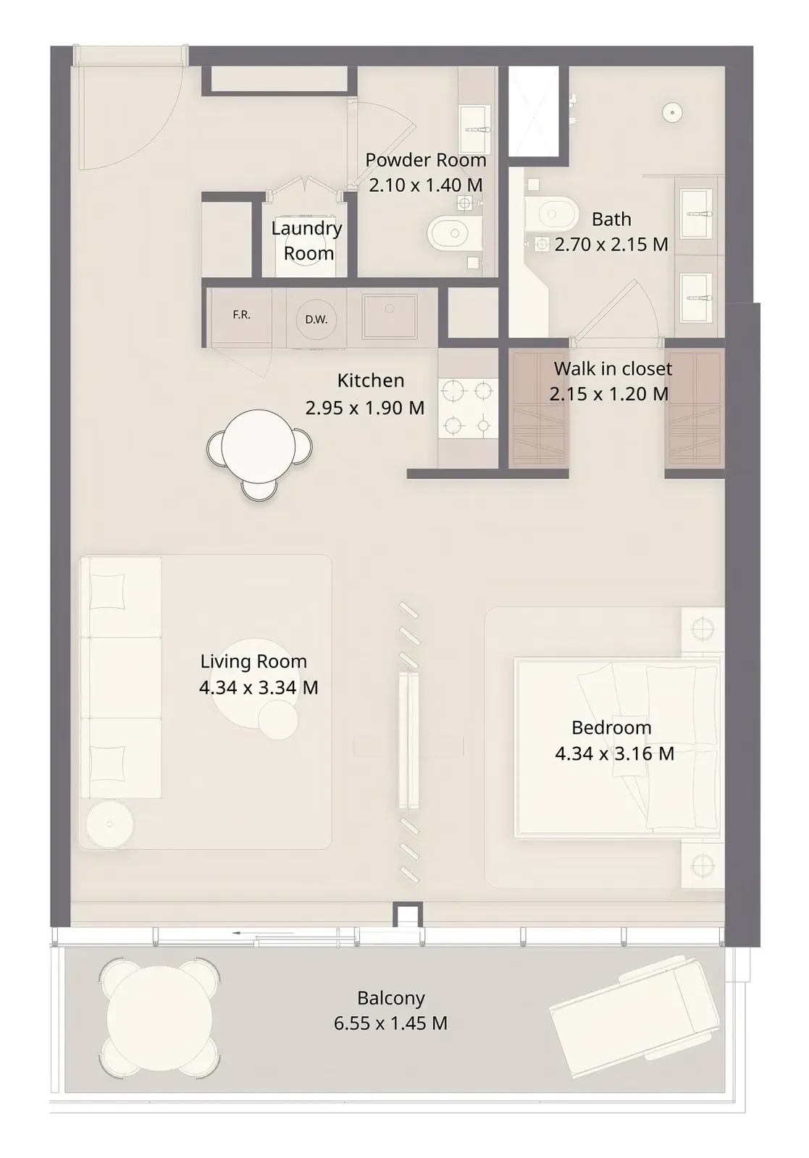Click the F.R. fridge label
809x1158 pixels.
(x=242, y=314)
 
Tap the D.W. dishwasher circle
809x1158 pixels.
(x=316, y=319)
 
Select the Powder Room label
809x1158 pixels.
(x=426, y=160)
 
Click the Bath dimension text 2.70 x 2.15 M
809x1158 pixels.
(x=611, y=244)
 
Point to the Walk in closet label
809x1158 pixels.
(x=613, y=368)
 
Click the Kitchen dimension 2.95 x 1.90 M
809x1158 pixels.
(x=365, y=408)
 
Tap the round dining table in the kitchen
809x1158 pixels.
(x=258, y=446)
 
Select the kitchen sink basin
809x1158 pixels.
(x=390, y=316)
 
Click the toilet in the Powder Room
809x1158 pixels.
(x=455, y=234)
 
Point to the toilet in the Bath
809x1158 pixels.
(x=550, y=214)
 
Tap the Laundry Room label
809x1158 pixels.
(x=307, y=240)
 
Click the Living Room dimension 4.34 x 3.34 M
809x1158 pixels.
(x=259, y=687)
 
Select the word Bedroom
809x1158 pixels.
(x=611, y=727)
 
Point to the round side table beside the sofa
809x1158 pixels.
(x=109, y=824)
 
